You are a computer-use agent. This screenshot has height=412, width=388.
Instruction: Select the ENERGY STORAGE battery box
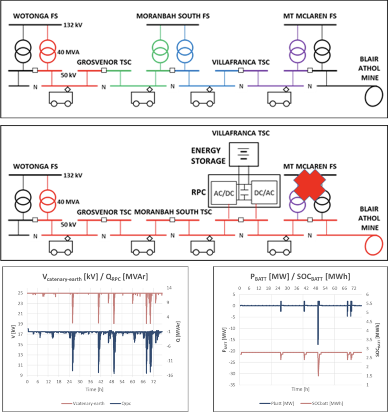[x=243, y=154]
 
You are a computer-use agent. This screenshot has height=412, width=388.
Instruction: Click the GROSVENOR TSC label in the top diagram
[x=104, y=62]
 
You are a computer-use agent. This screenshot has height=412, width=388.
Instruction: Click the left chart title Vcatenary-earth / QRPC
[x=94, y=277]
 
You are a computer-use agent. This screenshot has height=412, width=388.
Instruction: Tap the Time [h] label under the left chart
[x=94, y=390]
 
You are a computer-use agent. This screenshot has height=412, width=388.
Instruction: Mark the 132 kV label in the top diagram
[x=73, y=25]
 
